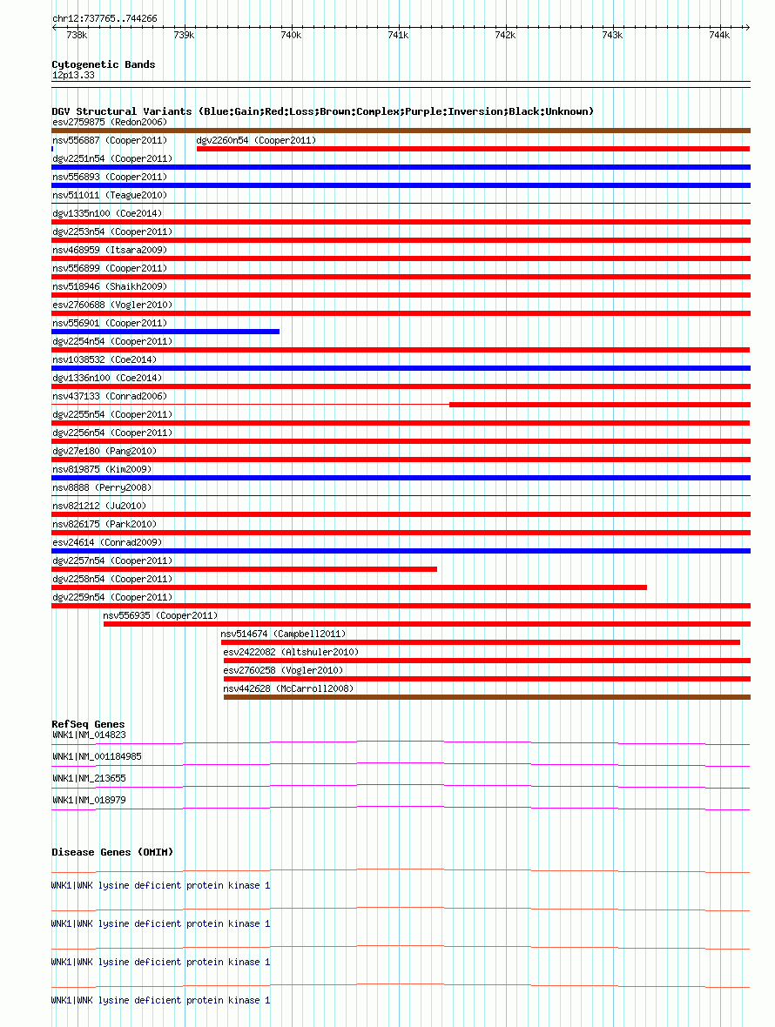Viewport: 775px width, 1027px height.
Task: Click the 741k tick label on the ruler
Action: (398, 35)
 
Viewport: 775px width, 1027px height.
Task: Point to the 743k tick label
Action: (612, 35)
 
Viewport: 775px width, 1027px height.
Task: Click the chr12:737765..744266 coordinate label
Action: (104, 18)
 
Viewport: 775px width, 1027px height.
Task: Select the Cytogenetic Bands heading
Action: (103, 64)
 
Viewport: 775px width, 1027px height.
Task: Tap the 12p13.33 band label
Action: (73, 76)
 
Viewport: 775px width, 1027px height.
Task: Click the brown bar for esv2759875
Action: (401, 131)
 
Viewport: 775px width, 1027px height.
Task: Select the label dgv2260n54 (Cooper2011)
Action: (256, 140)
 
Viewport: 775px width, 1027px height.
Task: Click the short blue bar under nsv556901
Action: (165, 332)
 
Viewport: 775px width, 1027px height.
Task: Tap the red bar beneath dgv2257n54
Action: (244, 569)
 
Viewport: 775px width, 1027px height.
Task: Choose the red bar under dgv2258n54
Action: (348, 587)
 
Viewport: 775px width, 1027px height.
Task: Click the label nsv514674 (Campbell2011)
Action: (283, 634)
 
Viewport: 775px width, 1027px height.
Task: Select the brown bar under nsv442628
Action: (487, 697)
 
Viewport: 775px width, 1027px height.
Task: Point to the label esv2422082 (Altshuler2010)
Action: (291, 652)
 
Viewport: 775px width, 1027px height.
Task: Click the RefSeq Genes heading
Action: (88, 724)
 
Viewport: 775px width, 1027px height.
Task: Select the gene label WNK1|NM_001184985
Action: (97, 756)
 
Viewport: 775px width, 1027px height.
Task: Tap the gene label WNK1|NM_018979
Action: (89, 800)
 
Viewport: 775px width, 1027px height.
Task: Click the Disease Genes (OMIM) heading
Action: (112, 852)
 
